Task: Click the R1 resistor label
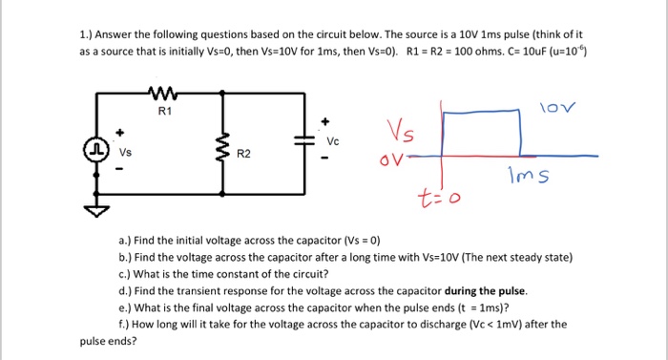point(162,112)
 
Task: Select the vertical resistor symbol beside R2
point(222,149)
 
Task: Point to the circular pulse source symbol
point(97,150)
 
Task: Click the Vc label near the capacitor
point(332,139)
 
